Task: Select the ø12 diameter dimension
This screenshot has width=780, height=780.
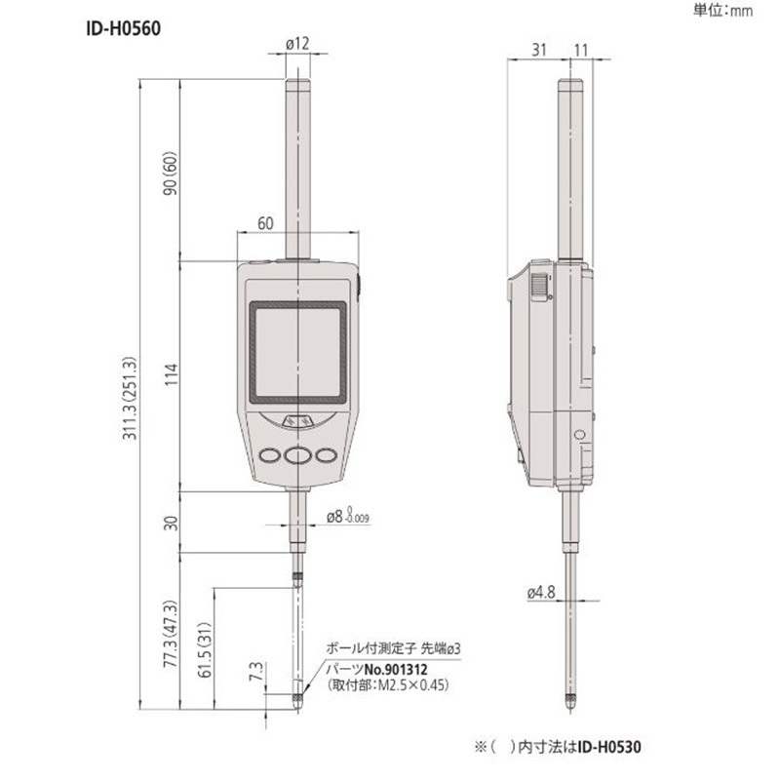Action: tap(297, 42)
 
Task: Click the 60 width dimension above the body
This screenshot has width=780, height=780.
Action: tap(264, 223)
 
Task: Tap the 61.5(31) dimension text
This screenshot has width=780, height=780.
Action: tap(203, 647)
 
